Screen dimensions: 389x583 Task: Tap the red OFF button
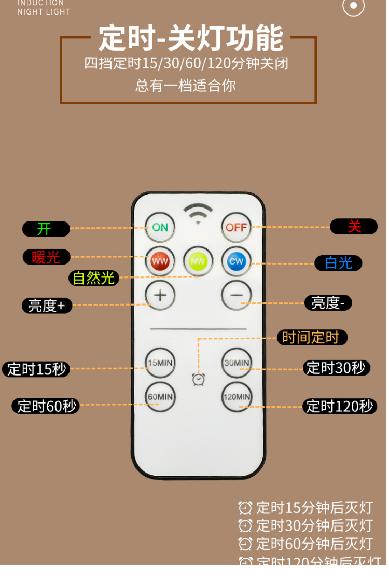(x=237, y=227)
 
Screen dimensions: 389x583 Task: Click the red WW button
(x=160, y=261)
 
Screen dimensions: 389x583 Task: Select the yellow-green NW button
(x=198, y=261)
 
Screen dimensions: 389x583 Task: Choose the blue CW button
(x=237, y=261)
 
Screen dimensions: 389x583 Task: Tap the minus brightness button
(x=237, y=295)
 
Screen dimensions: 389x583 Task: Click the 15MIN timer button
(x=160, y=363)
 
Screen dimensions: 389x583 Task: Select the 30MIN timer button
(x=237, y=363)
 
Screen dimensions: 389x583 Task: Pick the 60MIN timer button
(x=160, y=397)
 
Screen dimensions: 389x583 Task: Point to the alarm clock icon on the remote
(x=198, y=380)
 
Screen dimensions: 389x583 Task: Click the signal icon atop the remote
(x=198, y=213)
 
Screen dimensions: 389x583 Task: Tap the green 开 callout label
(x=46, y=229)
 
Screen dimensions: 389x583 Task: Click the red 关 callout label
(x=354, y=227)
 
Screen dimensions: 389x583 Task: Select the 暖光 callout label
(x=46, y=257)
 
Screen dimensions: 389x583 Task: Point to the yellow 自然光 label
(x=93, y=278)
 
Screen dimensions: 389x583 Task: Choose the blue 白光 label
(x=338, y=263)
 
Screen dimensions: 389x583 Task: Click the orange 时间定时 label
(x=312, y=338)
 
